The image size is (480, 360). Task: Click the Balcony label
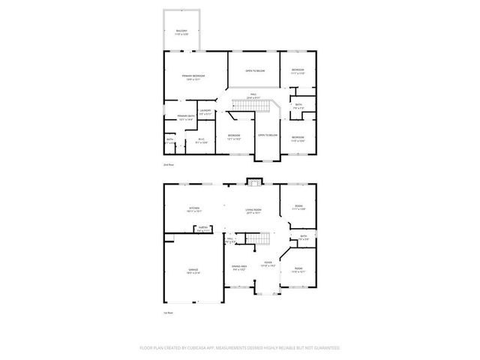[182, 32]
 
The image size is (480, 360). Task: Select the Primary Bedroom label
[193, 76]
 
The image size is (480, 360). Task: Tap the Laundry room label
[206, 112]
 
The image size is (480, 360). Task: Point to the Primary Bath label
[186, 116]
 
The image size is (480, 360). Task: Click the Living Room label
[253, 211]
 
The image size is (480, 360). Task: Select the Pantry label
[202, 229]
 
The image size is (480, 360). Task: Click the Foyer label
[267, 262]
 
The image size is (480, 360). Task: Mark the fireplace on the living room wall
[255, 181]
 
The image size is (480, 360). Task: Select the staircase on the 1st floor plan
[259, 239]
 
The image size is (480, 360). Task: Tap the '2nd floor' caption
[169, 163]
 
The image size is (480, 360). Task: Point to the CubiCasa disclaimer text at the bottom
[240, 348]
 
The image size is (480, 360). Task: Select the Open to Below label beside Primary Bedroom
[255, 70]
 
